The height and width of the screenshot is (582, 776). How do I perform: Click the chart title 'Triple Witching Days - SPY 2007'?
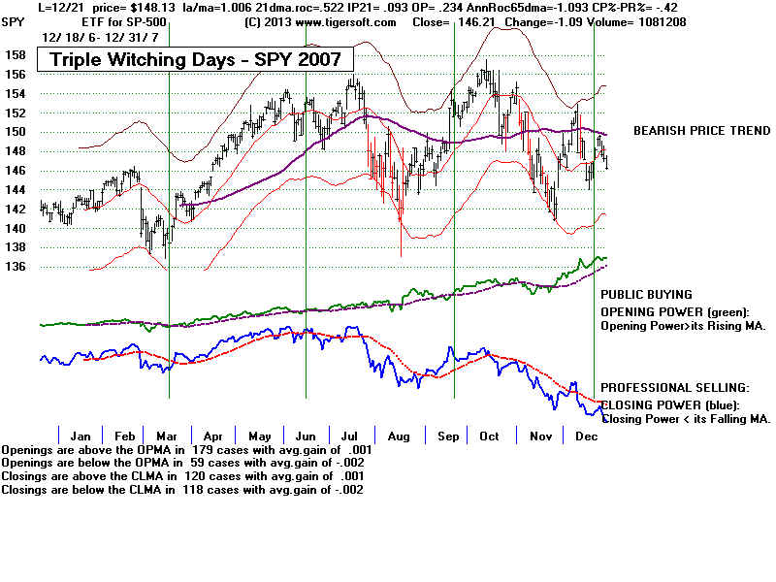click(195, 60)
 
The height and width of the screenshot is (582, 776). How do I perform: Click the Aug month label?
click(398, 436)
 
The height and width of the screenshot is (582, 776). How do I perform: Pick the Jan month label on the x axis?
click(81, 436)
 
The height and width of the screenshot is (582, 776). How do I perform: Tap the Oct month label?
click(489, 436)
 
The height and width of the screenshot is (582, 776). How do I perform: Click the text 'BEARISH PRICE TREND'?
click(701, 131)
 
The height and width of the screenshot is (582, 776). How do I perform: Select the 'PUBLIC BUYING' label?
click(646, 294)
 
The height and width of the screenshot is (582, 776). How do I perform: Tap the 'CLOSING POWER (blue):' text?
click(670, 404)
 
